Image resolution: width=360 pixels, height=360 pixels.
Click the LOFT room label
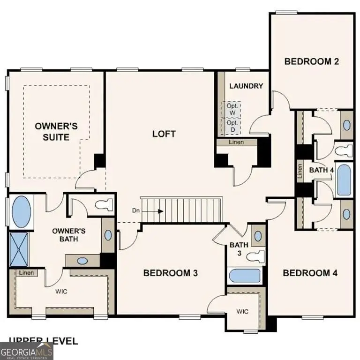point(164,134)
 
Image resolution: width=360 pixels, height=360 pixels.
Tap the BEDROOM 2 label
point(312,61)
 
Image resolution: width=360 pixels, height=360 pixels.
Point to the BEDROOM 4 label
point(310,273)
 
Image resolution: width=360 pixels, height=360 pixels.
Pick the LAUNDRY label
point(246,86)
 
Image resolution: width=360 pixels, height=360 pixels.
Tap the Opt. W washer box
point(232,109)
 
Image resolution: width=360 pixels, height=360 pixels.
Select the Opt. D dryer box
point(232,126)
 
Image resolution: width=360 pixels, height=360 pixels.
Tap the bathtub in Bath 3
point(244,276)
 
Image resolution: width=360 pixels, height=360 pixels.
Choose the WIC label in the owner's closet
point(61,291)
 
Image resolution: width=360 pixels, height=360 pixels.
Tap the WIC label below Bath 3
point(242,311)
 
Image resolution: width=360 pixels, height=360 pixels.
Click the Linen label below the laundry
point(236,142)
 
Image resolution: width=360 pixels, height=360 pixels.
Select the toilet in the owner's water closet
point(104,204)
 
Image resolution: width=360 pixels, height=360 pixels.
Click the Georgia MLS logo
point(27,351)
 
